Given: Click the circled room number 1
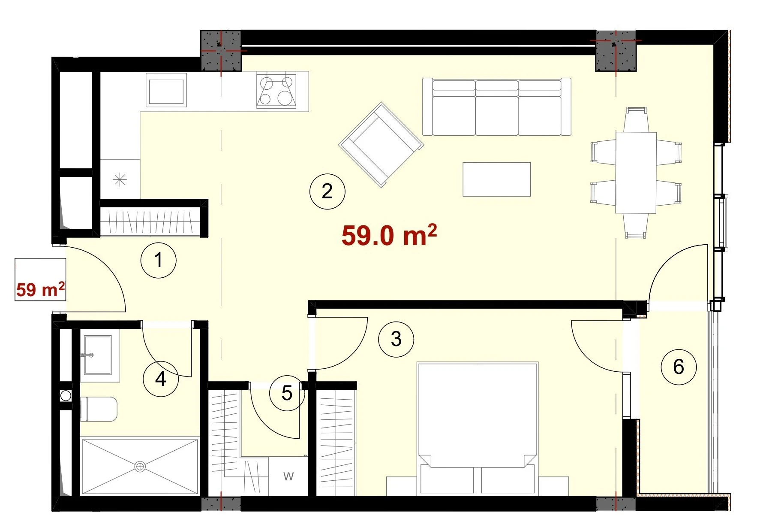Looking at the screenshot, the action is [159, 260].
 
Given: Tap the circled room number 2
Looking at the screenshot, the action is [327, 191].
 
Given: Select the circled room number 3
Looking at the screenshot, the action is [396, 340].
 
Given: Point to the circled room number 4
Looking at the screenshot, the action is [161, 379].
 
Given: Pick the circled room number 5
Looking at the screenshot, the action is [287, 393].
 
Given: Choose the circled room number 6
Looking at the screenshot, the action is [679, 367].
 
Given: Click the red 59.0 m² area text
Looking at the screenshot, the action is [389, 235].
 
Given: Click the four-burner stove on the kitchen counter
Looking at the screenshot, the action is [276, 90].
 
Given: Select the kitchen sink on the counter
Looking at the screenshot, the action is [166, 90].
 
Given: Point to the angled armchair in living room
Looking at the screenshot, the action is [381, 145].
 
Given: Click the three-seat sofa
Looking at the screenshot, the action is [497, 107].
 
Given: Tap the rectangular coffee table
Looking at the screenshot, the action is [497, 179].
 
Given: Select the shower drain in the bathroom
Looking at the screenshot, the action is [140, 467].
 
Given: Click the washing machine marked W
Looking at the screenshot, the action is [288, 476].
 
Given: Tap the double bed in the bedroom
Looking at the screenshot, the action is [478, 429].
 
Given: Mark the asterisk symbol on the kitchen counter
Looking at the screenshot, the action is [120, 179].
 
